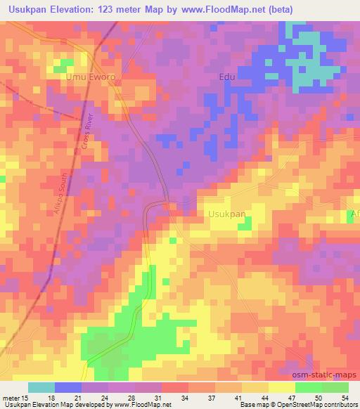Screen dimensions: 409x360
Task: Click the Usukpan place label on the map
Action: pyautogui.click(x=227, y=214)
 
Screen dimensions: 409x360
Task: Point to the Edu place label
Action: pyautogui.click(x=226, y=77)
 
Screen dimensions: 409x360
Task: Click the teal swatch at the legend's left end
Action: pyautogui.click(x=41, y=387)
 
